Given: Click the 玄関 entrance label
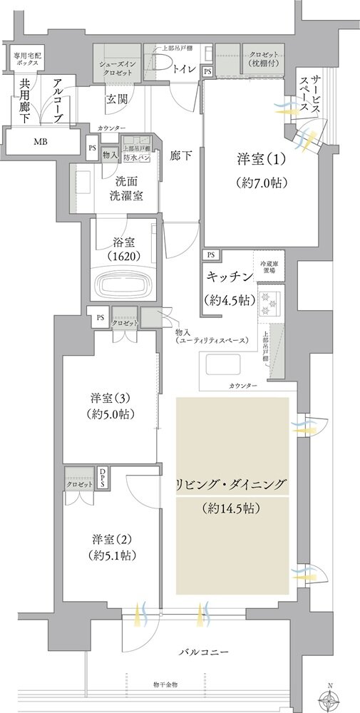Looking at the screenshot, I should coord(117,99).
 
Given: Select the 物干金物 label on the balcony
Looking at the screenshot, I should coord(165,684).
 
